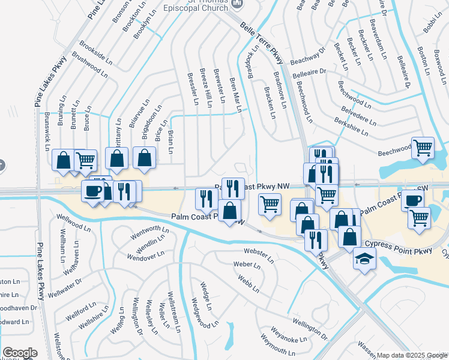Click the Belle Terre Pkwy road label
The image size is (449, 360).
[262, 43]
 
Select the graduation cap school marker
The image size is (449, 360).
[364, 259]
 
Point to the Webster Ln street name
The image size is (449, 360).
[258, 254]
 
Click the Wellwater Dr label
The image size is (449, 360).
[65, 289]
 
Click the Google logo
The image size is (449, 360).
[20, 352]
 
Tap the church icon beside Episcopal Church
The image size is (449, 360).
[238, 3]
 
